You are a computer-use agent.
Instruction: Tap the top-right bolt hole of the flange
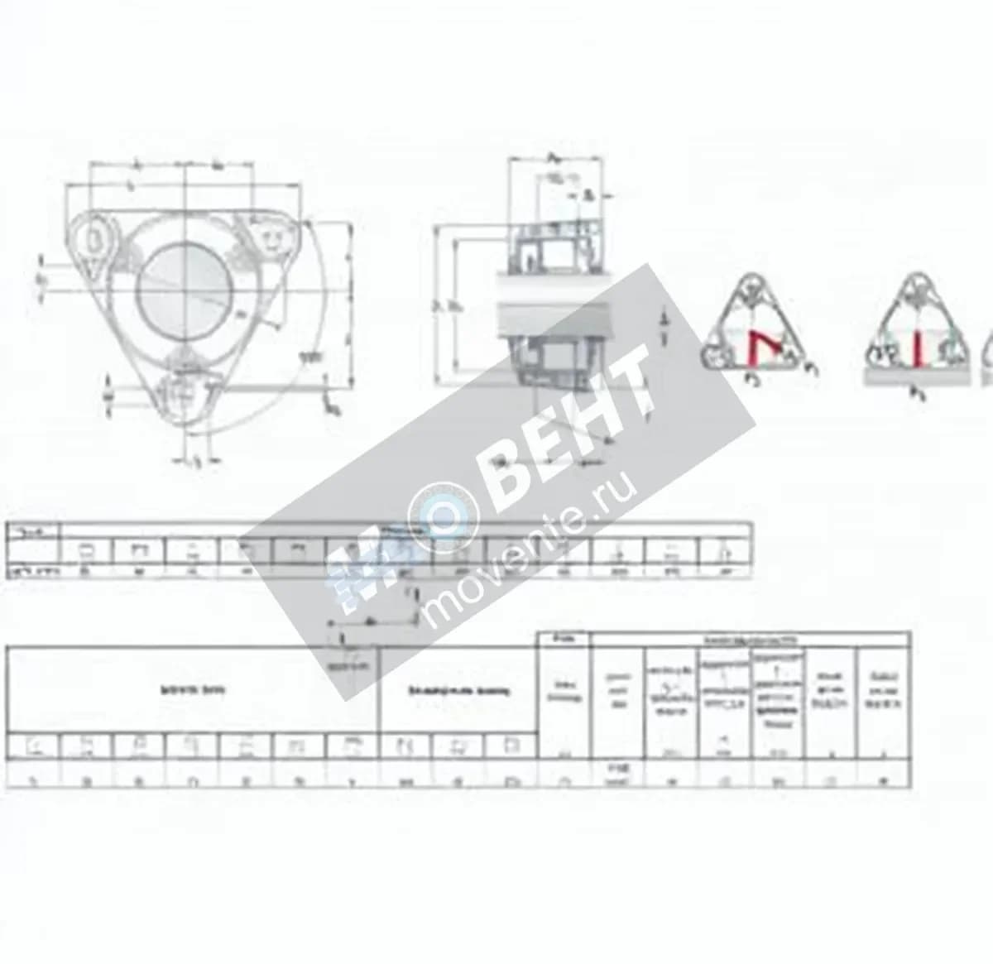point(269,241)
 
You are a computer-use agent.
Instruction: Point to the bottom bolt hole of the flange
point(182,392)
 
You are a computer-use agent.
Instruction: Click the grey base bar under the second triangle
point(915,376)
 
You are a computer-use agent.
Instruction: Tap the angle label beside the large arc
point(310,356)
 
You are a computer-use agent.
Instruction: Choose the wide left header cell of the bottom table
point(192,689)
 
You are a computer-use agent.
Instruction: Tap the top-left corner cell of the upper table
point(33,532)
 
